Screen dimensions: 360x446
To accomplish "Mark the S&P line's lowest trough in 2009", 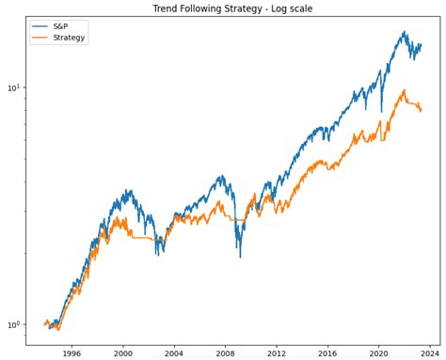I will pyautogui.click(x=239, y=256).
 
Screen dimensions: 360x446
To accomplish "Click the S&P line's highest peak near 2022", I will pyautogui.click(x=404, y=32).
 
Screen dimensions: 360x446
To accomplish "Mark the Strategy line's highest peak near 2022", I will pyautogui.click(x=404, y=91).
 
